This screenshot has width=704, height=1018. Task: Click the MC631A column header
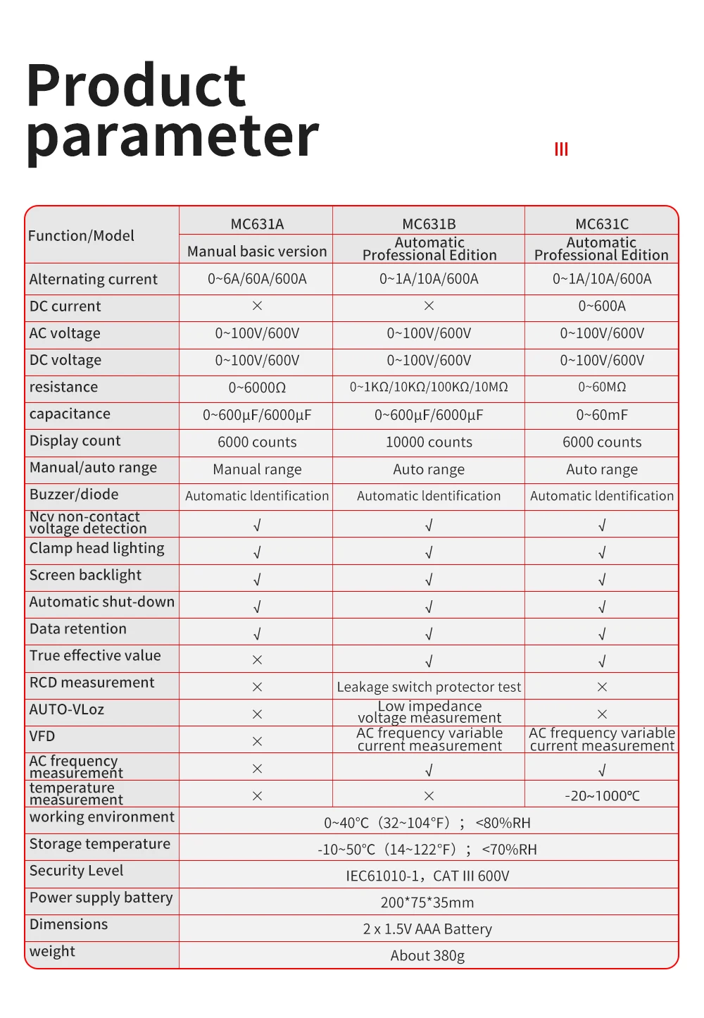pyautogui.click(x=257, y=224)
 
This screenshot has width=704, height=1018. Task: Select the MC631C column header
pyautogui.click(x=602, y=224)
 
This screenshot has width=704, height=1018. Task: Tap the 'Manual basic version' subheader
pyautogui.click(x=257, y=252)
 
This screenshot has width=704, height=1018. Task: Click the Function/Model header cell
pyautogui.click(x=81, y=236)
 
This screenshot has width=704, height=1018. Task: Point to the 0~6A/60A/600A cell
pyautogui.click(x=257, y=279)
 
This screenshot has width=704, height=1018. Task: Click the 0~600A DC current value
pyautogui.click(x=602, y=306)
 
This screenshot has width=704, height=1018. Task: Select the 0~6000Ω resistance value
pyautogui.click(x=257, y=387)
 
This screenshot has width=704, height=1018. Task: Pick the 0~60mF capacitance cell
pyautogui.click(x=602, y=415)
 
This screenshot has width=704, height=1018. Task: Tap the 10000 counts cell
pyautogui.click(x=429, y=442)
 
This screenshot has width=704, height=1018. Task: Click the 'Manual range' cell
pyautogui.click(x=257, y=469)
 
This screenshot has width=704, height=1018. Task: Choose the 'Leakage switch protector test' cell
pyautogui.click(x=429, y=687)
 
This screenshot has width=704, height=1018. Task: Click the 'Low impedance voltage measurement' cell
pyautogui.click(x=429, y=712)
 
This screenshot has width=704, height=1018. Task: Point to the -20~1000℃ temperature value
pyautogui.click(x=602, y=796)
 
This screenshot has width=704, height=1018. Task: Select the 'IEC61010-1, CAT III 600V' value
pyautogui.click(x=427, y=876)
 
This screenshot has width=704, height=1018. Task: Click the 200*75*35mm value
pyautogui.click(x=427, y=902)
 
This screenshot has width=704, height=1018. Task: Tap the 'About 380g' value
pyautogui.click(x=427, y=956)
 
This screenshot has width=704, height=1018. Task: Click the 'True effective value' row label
pyautogui.click(x=95, y=656)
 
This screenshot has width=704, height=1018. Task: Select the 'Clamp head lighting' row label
pyautogui.click(x=96, y=548)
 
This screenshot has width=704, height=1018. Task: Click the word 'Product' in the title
pyautogui.click(x=136, y=86)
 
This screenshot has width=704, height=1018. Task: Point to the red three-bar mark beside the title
pyautogui.click(x=561, y=149)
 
